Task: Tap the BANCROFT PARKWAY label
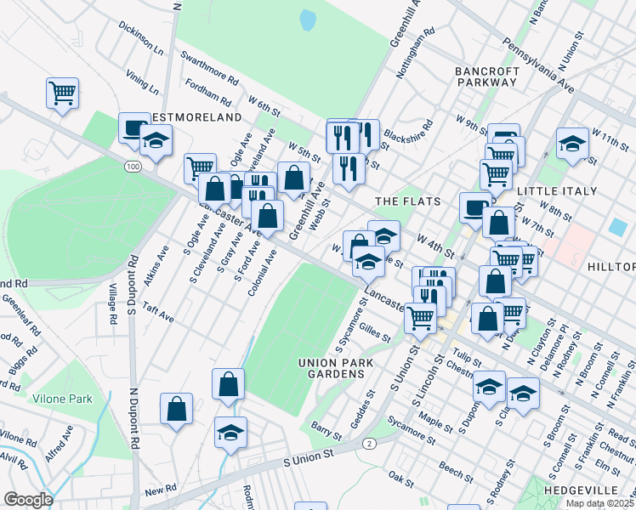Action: pos(486,76)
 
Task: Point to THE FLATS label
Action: pos(408,201)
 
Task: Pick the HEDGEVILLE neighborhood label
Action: pos(594,491)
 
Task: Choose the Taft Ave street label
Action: pos(158,313)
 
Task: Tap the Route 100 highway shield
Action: pos(131,167)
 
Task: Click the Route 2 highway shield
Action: pos(368,444)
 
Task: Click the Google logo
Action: pos(28,499)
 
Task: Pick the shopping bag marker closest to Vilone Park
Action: pos(176,408)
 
